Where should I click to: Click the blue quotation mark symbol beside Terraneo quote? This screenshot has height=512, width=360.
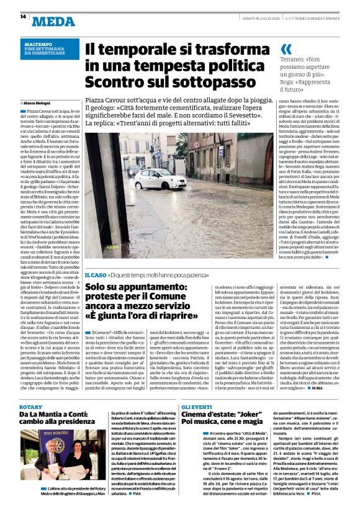[286, 49]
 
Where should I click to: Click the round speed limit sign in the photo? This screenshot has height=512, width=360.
[194, 146]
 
